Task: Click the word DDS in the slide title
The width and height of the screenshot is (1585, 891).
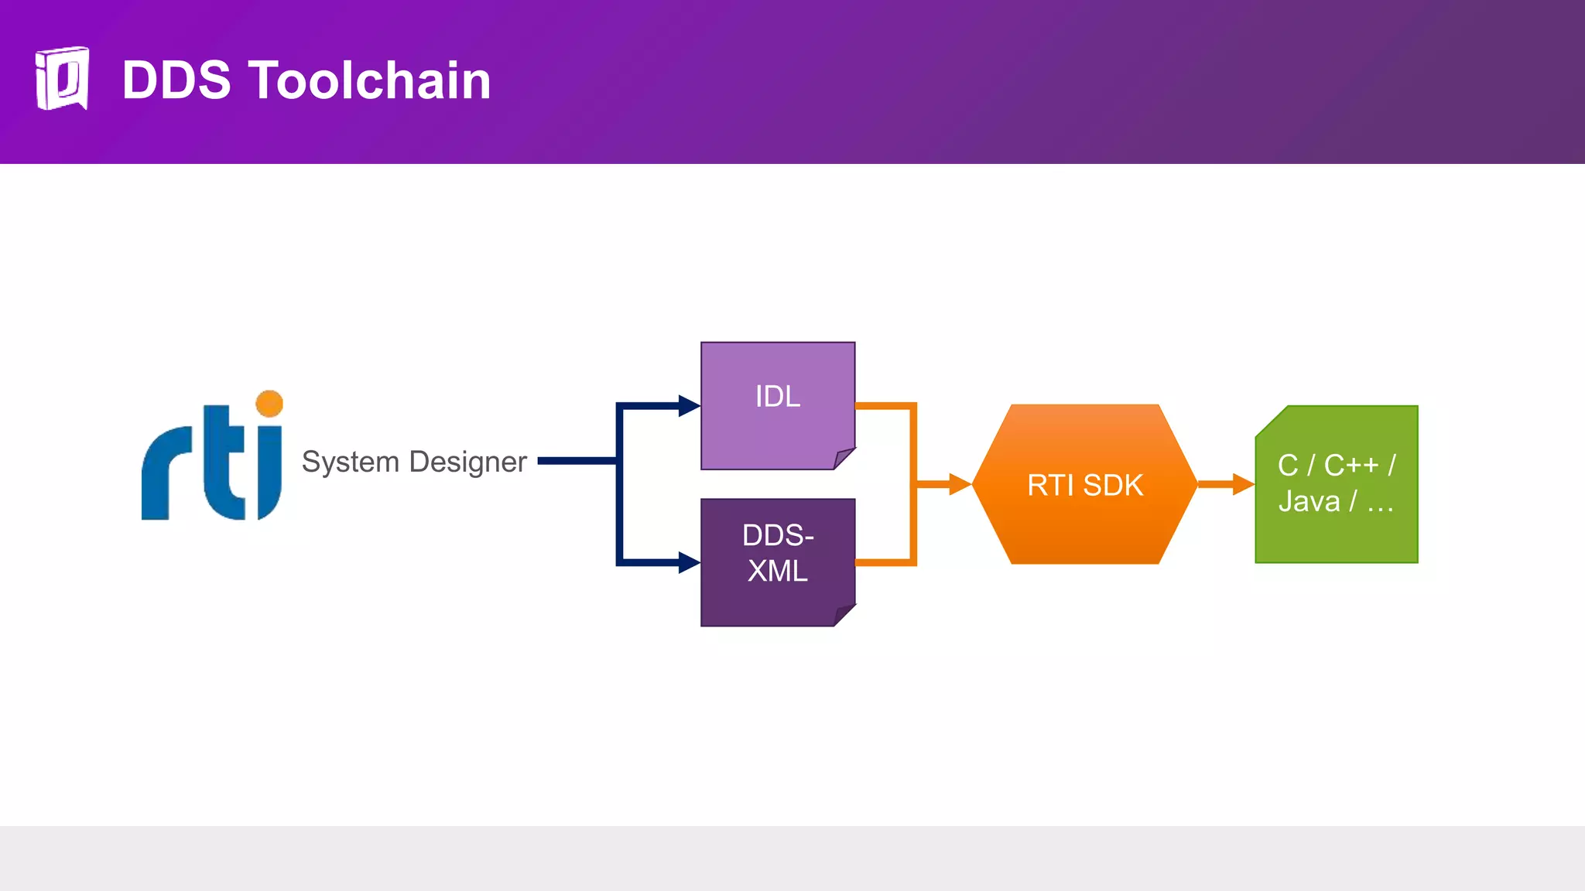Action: (x=176, y=80)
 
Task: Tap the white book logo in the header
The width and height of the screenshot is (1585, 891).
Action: (x=62, y=78)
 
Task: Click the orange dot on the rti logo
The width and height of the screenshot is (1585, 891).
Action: (x=269, y=404)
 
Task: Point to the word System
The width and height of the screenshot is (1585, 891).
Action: (x=350, y=462)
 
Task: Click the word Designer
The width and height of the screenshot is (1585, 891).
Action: (x=467, y=462)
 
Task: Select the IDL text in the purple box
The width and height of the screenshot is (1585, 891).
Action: (x=777, y=397)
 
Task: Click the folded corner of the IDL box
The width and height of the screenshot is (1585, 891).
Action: (x=843, y=458)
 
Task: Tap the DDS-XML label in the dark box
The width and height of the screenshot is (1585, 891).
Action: (x=777, y=553)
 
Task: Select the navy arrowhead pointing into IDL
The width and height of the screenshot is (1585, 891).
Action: (x=688, y=405)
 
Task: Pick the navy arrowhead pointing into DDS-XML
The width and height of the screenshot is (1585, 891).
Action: (x=688, y=562)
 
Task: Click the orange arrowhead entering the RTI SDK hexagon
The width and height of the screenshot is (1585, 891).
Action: (x=959, y=485)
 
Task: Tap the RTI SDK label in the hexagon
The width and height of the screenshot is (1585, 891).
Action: (x=1084, y=486)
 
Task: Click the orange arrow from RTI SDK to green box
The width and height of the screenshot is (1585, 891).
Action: (x=1226, y=485)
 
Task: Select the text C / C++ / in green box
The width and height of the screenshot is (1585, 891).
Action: (x=1336, y=466)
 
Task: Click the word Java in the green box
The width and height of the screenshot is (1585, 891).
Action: (x=1309, y=502)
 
